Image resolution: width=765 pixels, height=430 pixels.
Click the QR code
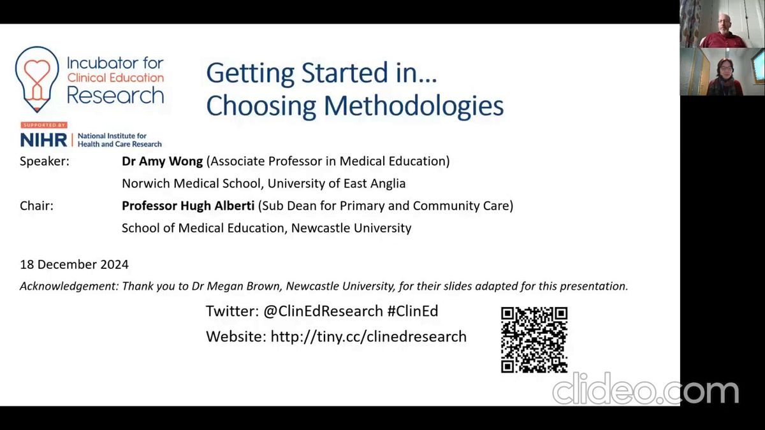click(x=534, y=340)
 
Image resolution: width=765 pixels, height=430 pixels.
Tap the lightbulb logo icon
click(x=37, y=79)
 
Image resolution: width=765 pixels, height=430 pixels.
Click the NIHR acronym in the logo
click(x=44, y=140)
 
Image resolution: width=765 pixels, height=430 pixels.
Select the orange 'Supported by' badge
click(x=44, y=125)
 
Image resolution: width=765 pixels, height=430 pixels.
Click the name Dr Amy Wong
click(x=162, y=161)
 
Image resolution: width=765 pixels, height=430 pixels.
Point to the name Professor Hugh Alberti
click(x=188, y=206)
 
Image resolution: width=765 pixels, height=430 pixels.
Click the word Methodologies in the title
click(x=414, y=106)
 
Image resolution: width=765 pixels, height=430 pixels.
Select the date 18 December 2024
click(x=74, y=264)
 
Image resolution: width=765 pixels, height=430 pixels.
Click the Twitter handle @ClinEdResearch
click(x=323, y=312)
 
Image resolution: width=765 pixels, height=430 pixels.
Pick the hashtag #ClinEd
click(x=412, y=311)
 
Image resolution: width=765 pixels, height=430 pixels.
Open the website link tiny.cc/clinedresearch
click(x=368, y=336)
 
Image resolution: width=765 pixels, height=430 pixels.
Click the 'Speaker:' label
click(x=45, y=161)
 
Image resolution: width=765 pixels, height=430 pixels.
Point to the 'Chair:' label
click(x=36, y=206)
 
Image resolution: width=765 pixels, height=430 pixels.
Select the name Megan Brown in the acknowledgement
click(x=244, y=286)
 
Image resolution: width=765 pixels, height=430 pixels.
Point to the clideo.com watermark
click(x=645, y=389)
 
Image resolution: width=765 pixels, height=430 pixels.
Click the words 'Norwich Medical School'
click(x=191, y=183)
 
